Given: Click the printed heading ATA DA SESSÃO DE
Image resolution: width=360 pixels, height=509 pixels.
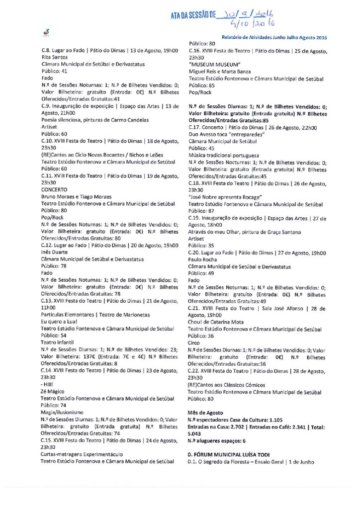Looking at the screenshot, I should click(x=194, y=16).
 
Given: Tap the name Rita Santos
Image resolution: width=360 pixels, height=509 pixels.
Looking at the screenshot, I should click(x=53, y=57).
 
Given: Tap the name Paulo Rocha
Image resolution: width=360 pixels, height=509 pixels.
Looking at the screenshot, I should click(x=203, y=259).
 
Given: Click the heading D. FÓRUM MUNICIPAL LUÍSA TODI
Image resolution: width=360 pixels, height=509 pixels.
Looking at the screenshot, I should click(x=233, y=454).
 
